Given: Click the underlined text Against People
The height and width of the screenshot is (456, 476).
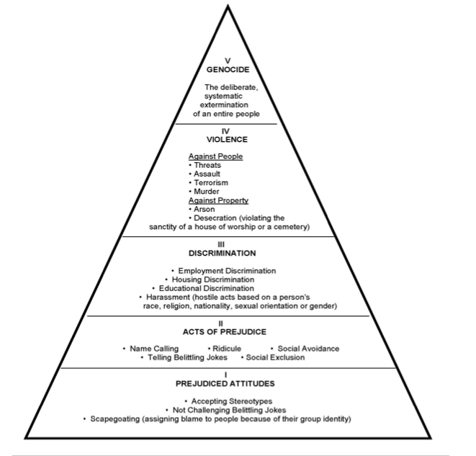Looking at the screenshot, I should tap(215, 156).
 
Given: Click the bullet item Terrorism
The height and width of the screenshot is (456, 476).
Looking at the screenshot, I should tap(210, 183).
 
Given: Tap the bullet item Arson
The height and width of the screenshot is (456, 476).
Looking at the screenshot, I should tap(205, 209).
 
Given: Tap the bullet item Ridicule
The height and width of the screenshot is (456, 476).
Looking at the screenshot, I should tap(227, 349).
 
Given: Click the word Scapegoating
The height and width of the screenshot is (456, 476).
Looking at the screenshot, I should tap(117, 419).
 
